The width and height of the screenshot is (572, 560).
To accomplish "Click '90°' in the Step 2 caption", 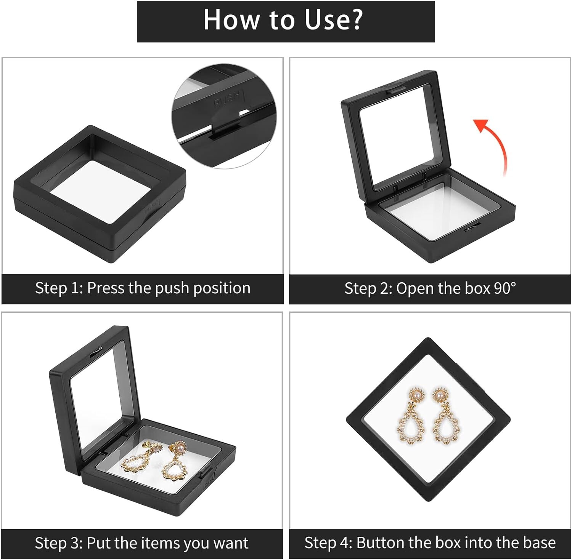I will tap(505, 288).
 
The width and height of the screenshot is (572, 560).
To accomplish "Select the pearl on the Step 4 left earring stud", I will tap(416, 397).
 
